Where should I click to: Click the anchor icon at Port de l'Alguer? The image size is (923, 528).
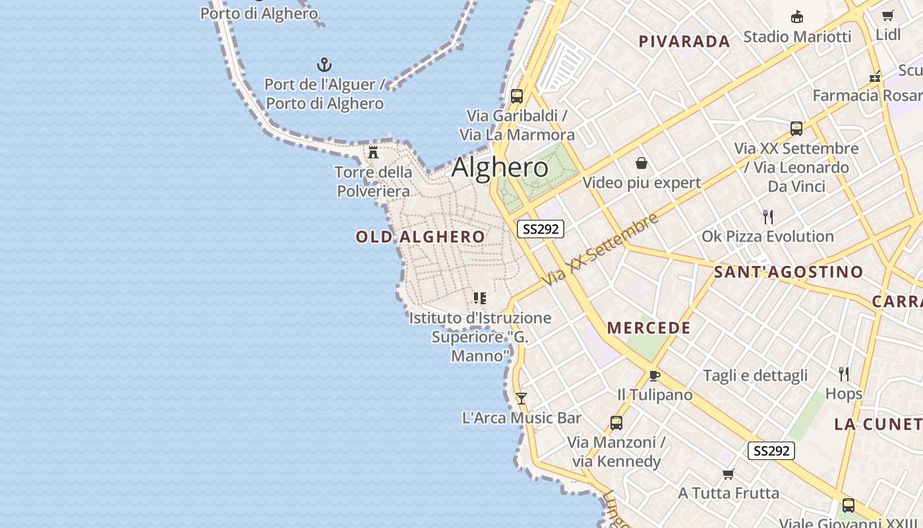pos(324,65)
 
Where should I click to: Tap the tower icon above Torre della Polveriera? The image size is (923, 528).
pos(373,152)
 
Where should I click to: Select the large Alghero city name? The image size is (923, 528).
pos(500,167)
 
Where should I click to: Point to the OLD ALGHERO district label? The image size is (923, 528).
pos(421,236)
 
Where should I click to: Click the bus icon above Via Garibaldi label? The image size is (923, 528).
pos(517,96)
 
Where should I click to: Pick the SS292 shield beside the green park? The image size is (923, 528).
pos(540,229)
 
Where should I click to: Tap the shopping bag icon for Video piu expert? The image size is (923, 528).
pos(641,163)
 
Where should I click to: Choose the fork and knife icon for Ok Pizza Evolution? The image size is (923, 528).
pos(767,216)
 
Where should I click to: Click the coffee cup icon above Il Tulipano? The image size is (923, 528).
pos(654,376)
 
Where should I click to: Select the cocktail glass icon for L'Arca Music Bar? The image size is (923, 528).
pos(521,399)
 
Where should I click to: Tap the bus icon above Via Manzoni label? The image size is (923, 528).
pos(616,423)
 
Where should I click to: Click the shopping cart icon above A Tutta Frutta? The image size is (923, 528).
pos(729,474)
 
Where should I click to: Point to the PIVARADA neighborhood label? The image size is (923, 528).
pos(684,42)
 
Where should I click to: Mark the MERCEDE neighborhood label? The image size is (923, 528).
pos(649,328)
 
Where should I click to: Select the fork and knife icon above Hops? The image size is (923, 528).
pos(844,374)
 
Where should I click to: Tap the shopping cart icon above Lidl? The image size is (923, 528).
pos(888,16)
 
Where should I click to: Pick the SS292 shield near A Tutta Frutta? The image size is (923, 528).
pos(771,451)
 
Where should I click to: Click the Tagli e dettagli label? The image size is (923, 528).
pos(755,376)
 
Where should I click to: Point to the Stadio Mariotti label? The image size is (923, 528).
pos(797,36)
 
